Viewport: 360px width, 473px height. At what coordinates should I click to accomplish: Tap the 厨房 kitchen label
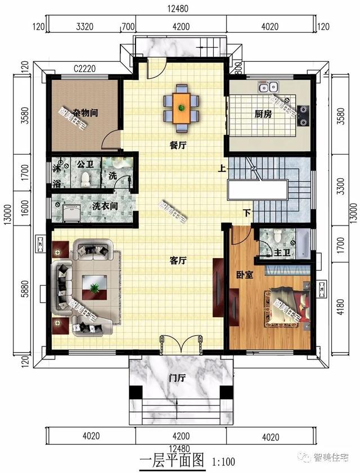click(263, 114)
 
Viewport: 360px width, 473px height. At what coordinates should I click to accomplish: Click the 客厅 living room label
click(178, 260)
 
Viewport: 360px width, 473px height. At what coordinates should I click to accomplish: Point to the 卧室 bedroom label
click(244, 275)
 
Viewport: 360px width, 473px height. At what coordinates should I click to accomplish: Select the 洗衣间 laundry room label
click(106, 206)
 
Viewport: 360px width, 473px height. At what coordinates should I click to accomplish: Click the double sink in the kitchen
click(266, 87)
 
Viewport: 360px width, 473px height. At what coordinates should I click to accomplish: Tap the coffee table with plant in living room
click(93, 288)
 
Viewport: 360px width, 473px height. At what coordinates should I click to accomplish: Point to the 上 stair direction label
click(222, 167)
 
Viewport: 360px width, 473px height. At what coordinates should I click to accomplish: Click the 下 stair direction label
click(246, 213)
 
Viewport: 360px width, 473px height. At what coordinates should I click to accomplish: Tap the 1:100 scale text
click(223, 462)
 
